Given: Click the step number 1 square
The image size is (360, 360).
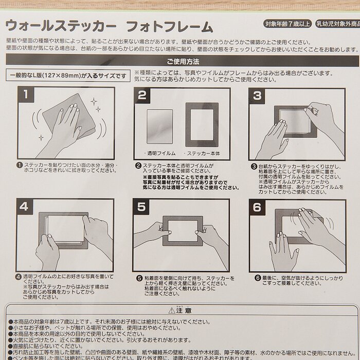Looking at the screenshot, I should [x=27, y=95].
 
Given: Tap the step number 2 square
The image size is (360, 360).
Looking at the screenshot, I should [x=142, y=95].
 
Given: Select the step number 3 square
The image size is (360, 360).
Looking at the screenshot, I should [x=258, y=95].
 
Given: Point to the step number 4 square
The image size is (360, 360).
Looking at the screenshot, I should [x=24, y=207].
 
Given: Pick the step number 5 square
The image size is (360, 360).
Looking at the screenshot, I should [x=141, y=207].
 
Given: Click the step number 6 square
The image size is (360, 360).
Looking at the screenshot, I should [x=258, y=207].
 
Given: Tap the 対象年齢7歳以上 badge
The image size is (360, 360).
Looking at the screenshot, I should [x=287, y=24].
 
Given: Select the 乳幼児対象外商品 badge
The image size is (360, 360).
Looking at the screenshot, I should [x=337, y=24].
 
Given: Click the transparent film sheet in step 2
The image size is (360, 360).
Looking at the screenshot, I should [x=159, y=126].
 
